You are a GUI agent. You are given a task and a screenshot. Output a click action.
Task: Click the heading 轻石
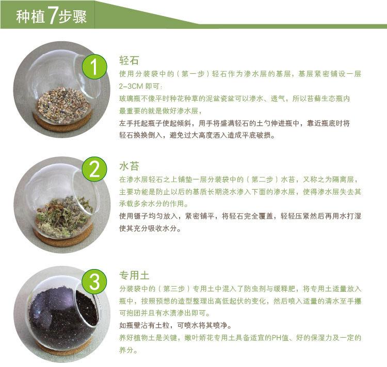129,60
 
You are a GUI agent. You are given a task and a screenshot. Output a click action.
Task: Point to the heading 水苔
129,166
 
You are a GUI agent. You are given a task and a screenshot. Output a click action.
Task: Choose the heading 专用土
134,275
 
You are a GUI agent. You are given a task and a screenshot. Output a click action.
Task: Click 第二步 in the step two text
266,180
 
